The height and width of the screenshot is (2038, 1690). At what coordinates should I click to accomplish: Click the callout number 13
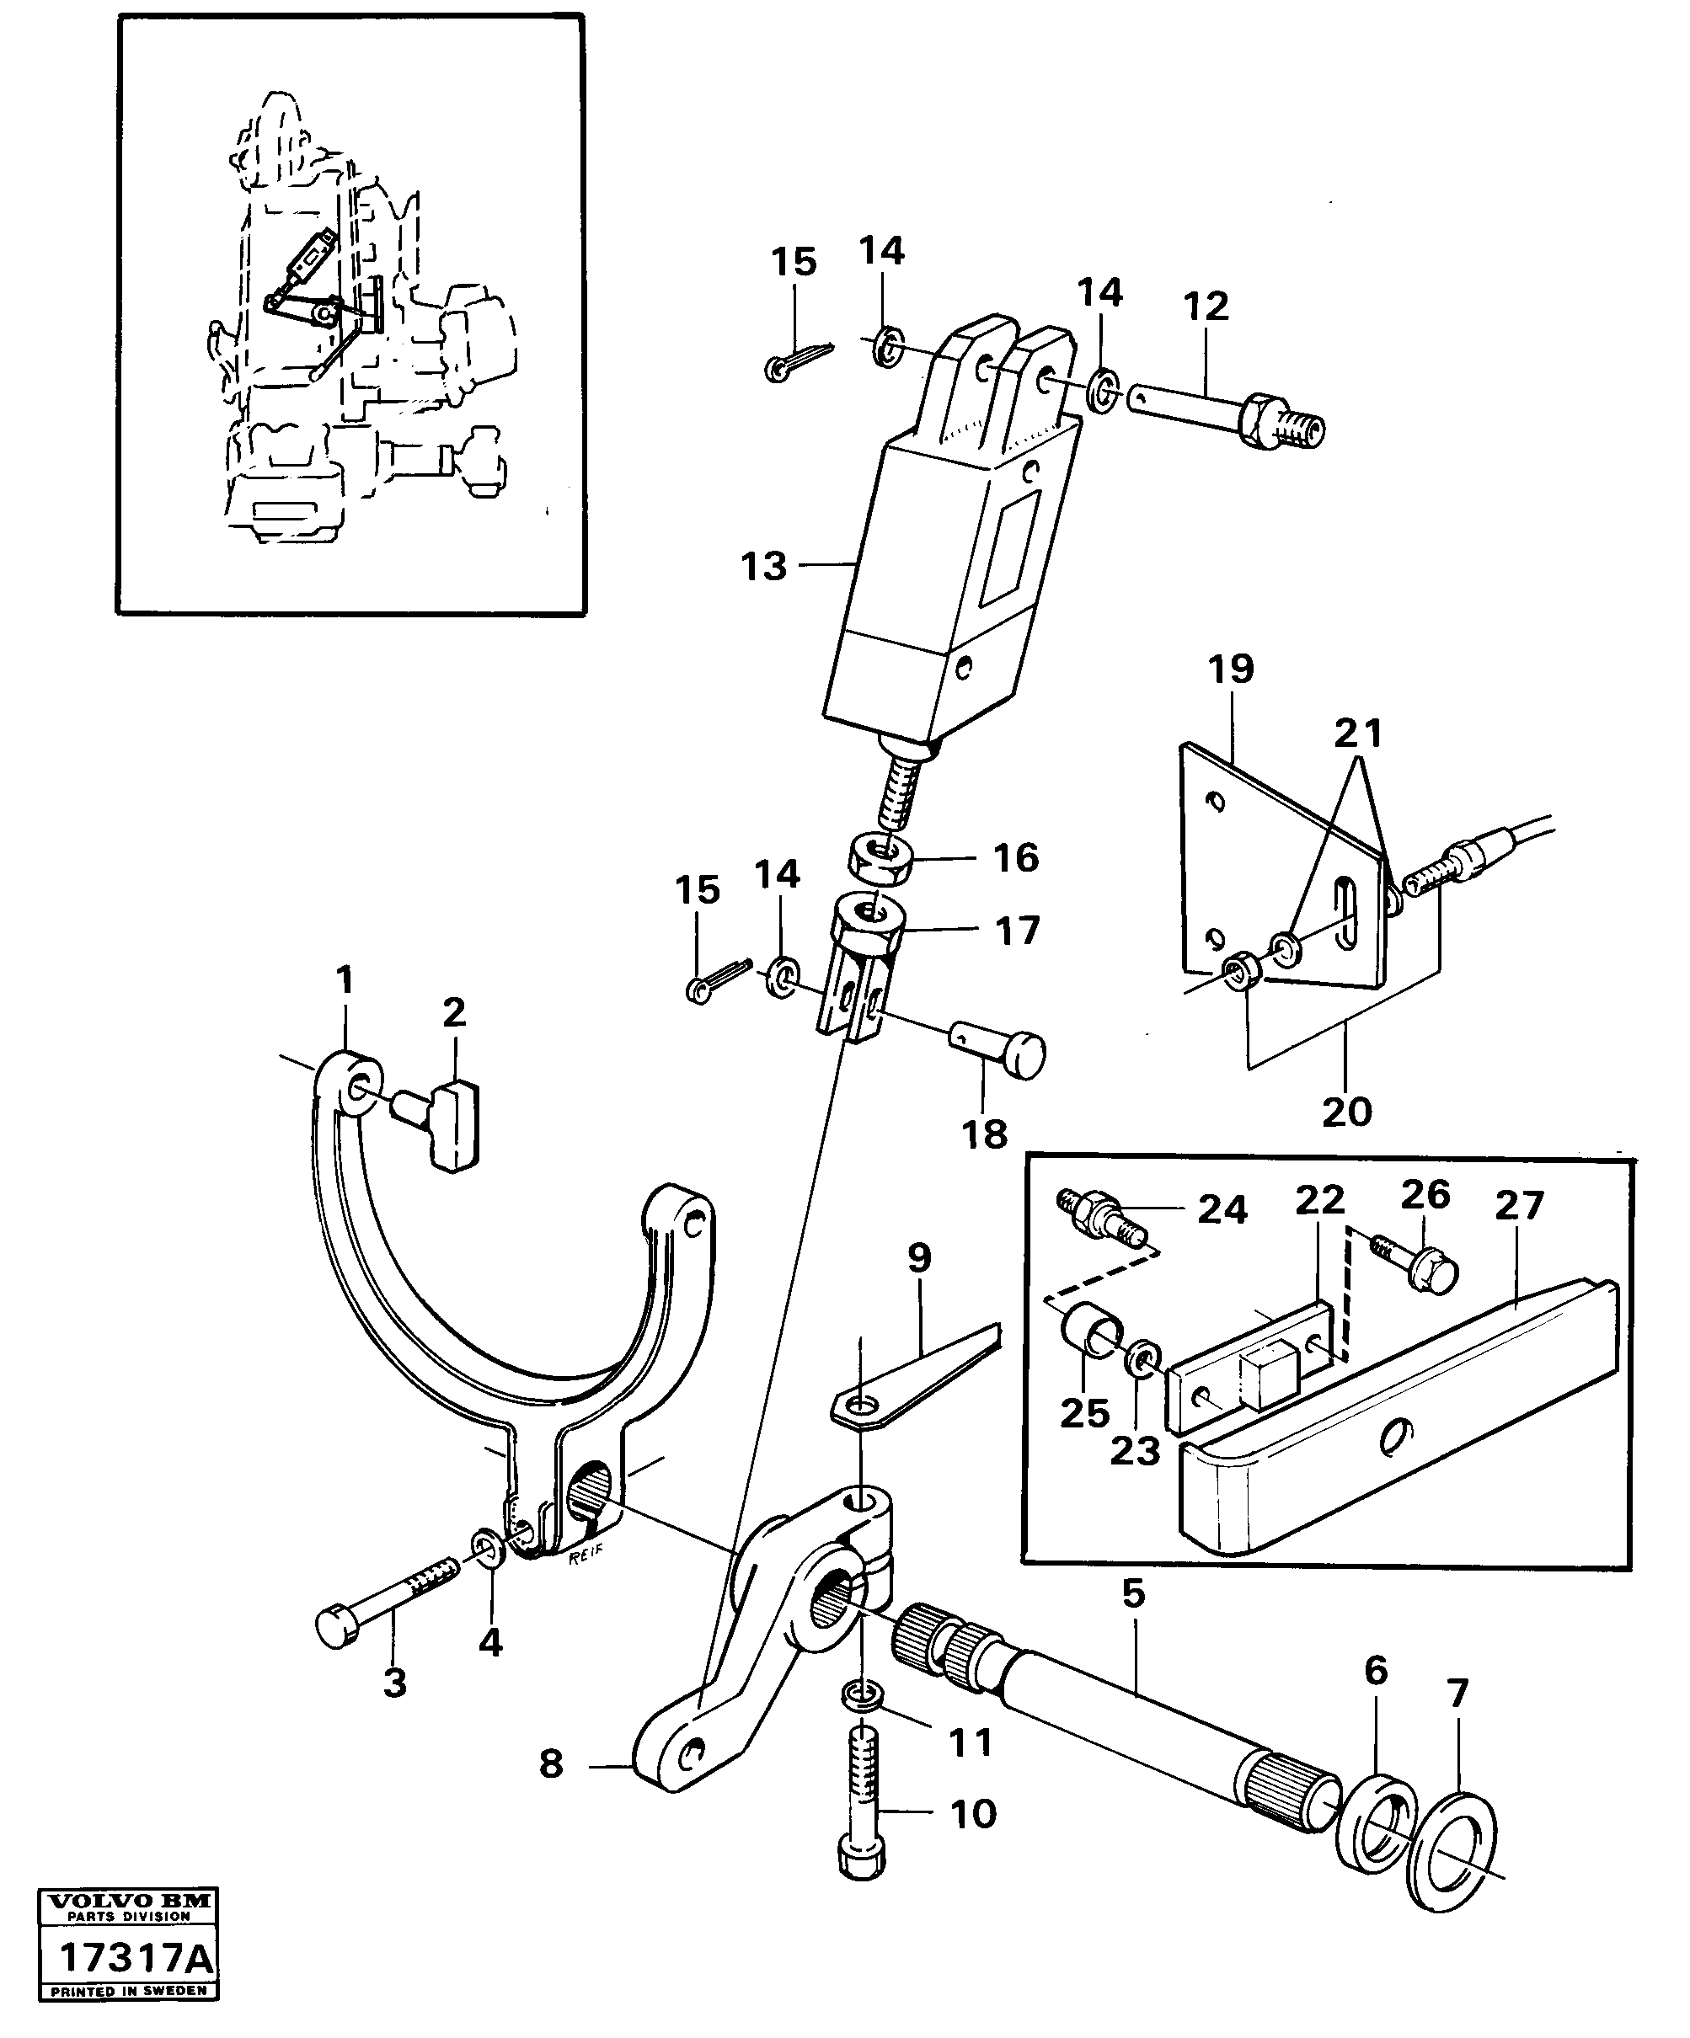pos(763,566)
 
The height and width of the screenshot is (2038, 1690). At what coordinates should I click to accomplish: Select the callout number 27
pos(1518,1205)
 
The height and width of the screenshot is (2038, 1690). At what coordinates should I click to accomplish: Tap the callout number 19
pos(1231,670)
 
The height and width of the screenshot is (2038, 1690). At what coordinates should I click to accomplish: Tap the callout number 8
pos(550,1764)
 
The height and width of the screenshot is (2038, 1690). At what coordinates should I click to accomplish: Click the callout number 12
pos(1206,307)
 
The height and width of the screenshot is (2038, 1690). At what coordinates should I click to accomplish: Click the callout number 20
pos(1346,1110)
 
